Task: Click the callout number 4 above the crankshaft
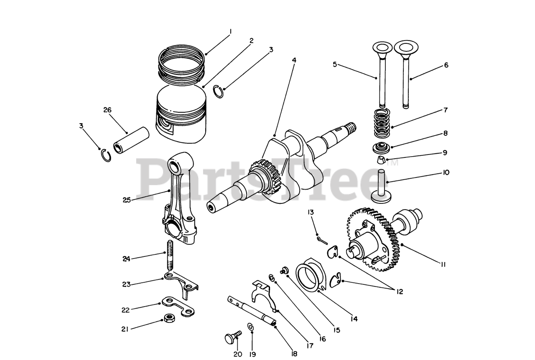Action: (294, 60)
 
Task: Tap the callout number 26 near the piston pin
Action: (107, 110)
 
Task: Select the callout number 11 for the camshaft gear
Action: (443, 264)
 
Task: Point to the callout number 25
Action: (127, 200)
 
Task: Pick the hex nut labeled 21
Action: (169, 319)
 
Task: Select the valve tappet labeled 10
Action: (381, 186)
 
